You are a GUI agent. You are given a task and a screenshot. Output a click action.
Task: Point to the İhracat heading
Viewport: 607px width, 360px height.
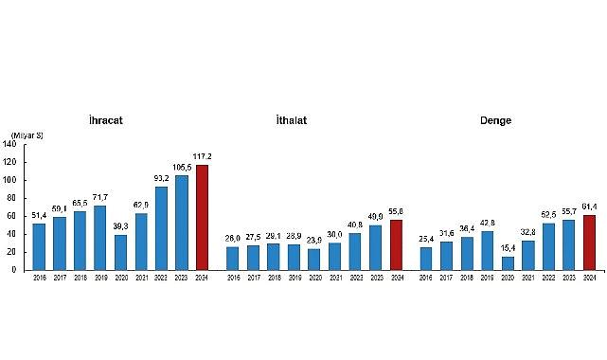click(x=104, y=120)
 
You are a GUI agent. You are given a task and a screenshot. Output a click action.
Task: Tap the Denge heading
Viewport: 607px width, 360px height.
click(x=494, y=120)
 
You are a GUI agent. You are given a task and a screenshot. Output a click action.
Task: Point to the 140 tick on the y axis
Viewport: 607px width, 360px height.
click(x=22, y=145)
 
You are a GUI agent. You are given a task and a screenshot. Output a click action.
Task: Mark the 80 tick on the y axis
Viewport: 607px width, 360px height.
click(x=24, y=198)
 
